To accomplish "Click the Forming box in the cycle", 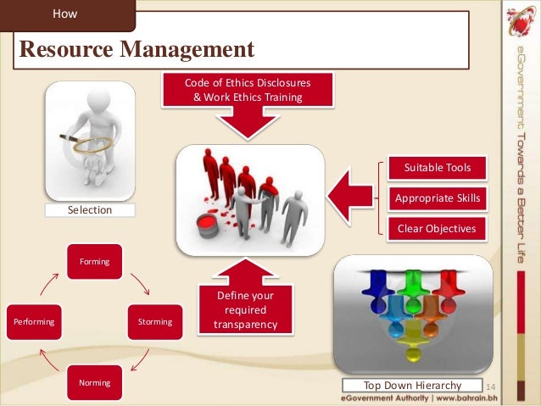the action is (x=95, y=262).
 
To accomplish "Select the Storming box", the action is (x=154, y=322).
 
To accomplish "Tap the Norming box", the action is (x=95, y=383).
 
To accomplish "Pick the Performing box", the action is (x=34, y=322).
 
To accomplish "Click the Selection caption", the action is (x=90, y=209).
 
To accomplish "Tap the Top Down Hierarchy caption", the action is (x=412, y=386).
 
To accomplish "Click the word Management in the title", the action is (x=188, y=48).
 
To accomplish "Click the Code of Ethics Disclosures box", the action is (x=248, y=90).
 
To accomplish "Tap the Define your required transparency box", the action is (x=244, y=310).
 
